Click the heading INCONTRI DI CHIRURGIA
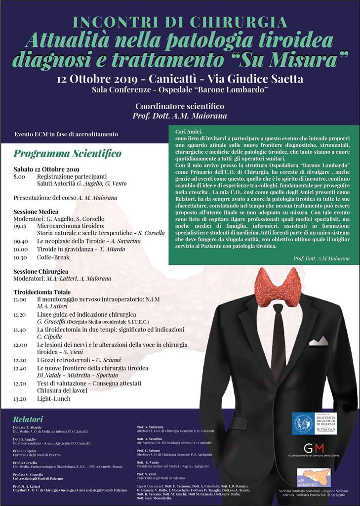pos(180,22)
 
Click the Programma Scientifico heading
pos(67,154)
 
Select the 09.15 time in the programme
pos(20,225)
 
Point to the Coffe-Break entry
pos(53,257)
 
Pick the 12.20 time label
pos(20,360)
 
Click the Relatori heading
pos(28,419)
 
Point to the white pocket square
pos(319,340)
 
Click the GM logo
pos(314,448)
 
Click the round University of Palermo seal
pos(303,424)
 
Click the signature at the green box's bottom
pos(321,258)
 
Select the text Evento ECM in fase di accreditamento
pos(66,134)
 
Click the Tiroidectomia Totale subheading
pos(42,292)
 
